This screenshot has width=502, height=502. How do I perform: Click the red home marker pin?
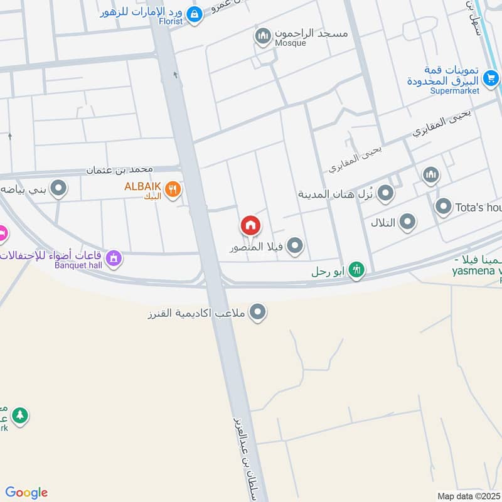pos(250,225)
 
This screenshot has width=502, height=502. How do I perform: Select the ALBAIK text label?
pos(143,186)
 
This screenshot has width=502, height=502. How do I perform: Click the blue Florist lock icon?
pos(195,13)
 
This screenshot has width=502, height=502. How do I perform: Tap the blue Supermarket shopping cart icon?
pos(491,78)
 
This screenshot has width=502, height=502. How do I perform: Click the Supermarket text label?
pos(454,91)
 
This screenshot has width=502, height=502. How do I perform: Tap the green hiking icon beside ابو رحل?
pos(356,271)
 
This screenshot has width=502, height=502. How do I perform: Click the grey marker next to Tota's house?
pos(444,206)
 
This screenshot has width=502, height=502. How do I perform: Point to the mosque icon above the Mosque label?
pos(262,36)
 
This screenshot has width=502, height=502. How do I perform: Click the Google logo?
pos(26,493)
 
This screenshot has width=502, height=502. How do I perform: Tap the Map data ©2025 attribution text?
pos(468,496)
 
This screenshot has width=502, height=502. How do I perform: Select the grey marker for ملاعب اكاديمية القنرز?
pos(257,312)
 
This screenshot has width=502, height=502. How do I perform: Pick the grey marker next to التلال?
pos(408,222)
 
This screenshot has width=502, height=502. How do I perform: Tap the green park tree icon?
pos(20,415)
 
